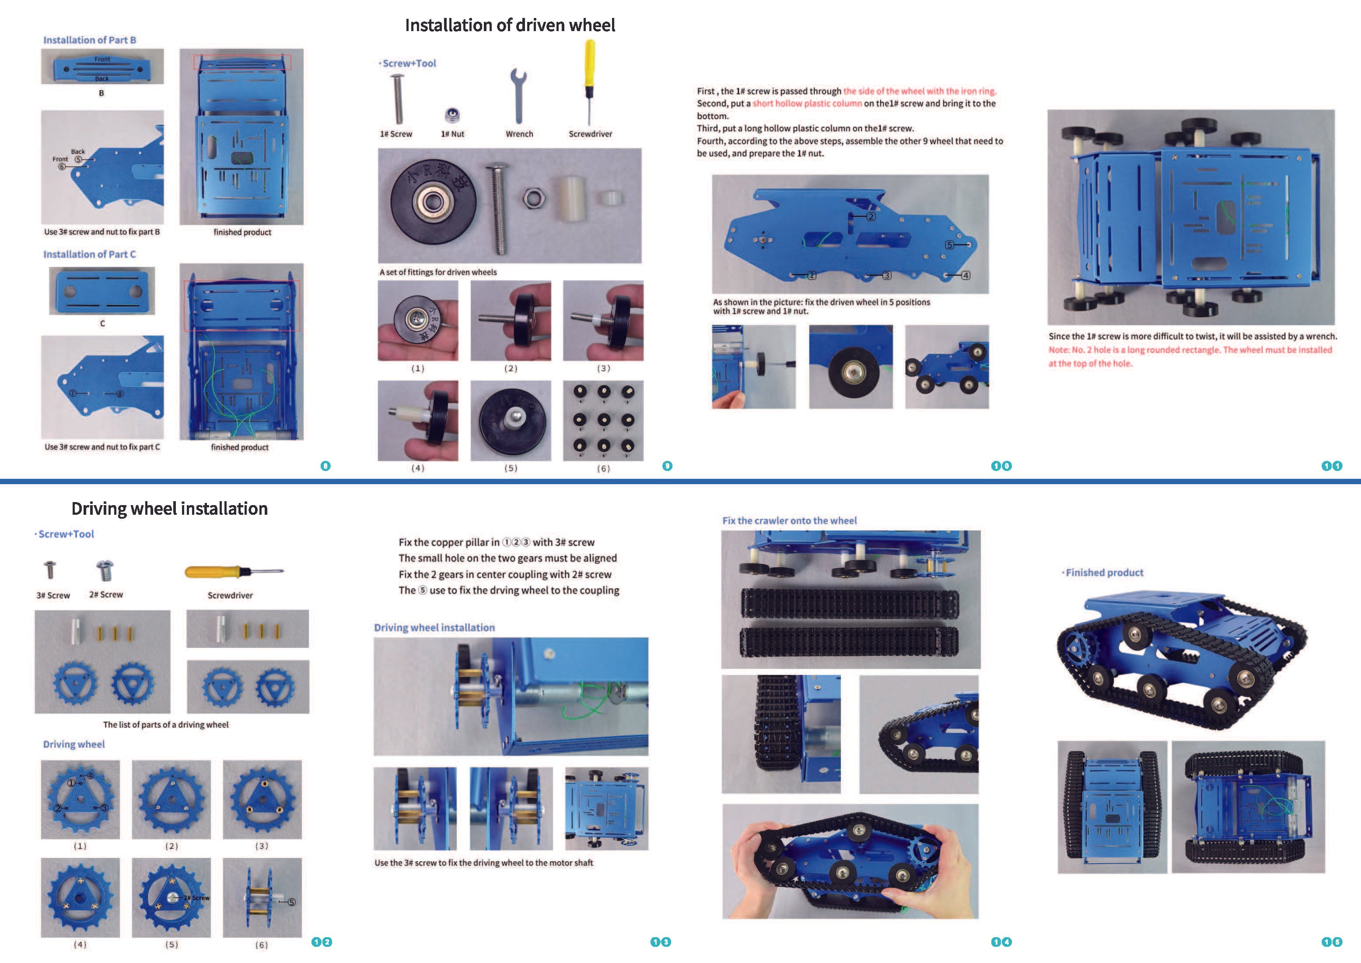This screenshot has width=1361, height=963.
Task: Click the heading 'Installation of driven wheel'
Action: [510, 25]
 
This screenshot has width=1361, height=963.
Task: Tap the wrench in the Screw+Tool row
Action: [518, 95]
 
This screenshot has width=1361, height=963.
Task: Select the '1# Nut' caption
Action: [452, 134]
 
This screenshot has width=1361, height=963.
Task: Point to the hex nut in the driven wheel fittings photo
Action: [534, 197]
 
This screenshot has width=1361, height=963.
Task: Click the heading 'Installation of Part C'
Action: [90, 254]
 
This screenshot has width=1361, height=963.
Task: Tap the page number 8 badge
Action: [325, 466]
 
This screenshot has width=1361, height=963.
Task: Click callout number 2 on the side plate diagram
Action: [871, 216]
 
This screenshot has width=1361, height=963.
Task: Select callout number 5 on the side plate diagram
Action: [949, 245]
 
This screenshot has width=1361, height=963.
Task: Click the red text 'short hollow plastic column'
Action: [807, 104]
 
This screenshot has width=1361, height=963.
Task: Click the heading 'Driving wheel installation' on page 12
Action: [170, 509]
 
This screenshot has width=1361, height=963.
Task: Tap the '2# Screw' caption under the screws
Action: [106, 595]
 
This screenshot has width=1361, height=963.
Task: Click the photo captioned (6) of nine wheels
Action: [603, 420]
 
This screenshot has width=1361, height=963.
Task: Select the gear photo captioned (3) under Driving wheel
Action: [262, 799]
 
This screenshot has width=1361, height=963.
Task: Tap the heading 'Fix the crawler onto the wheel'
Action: [789, 520]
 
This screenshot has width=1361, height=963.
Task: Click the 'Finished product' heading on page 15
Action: [1104, 573]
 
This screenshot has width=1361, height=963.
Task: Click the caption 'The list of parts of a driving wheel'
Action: [165, 724]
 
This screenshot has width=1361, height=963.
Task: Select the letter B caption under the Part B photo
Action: [101, 93]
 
